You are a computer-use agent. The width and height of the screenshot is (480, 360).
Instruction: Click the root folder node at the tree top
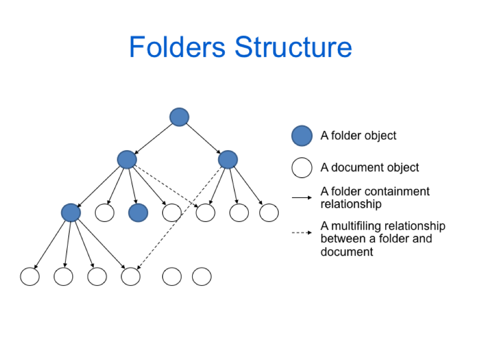pos(179,117)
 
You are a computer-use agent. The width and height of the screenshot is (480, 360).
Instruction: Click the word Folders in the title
pos(176,47)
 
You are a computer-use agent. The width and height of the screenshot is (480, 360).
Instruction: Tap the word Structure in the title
pos(293,47)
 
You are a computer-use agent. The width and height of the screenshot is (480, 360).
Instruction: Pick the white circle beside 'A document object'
pos(301,168)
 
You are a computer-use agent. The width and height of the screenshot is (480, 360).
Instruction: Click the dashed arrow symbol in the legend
pos(302,233)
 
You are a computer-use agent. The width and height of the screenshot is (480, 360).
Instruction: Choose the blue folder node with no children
pos(138,213)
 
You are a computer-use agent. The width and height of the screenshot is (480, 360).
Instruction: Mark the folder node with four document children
pos(70,212)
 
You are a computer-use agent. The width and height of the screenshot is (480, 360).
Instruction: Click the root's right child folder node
pos(227,159)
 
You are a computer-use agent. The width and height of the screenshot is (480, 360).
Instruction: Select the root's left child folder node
pos(126,159)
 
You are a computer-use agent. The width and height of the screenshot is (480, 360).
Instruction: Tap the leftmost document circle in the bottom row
pos(30,276)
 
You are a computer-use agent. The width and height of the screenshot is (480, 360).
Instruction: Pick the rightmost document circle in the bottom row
pos(201,276)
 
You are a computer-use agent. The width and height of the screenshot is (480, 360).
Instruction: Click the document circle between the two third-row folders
pos(104,213)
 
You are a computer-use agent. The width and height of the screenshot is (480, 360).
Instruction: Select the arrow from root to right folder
pos(203,138)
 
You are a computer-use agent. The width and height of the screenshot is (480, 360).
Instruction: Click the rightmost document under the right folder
pos(269,213)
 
